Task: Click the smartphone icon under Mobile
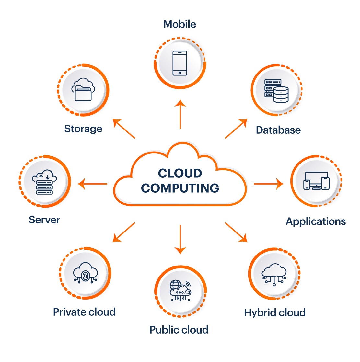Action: click(180, 63)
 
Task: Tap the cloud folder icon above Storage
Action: click(83, 89)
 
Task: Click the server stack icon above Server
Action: click(44, 182)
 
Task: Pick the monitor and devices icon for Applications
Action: click(316, 181)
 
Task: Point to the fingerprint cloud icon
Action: click(85, 273)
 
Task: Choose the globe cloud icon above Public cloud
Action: click(180, 290)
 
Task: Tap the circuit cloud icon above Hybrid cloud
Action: click(274, 275)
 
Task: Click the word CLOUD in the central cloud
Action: click(180, 173)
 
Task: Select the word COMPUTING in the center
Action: click(180, 188)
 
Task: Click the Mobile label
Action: click(180, 24)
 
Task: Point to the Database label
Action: click(278, 130)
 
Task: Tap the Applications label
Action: click(316, 221)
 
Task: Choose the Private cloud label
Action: click(84, 312)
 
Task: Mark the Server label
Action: click(44, 220)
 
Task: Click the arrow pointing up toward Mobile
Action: click(180, 114)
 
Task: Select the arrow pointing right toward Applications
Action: click(269, 184)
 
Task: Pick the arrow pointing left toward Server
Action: click(92, 184)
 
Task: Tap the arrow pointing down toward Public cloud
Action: click(180, 240)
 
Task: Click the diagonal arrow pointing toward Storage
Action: click(124, 129)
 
